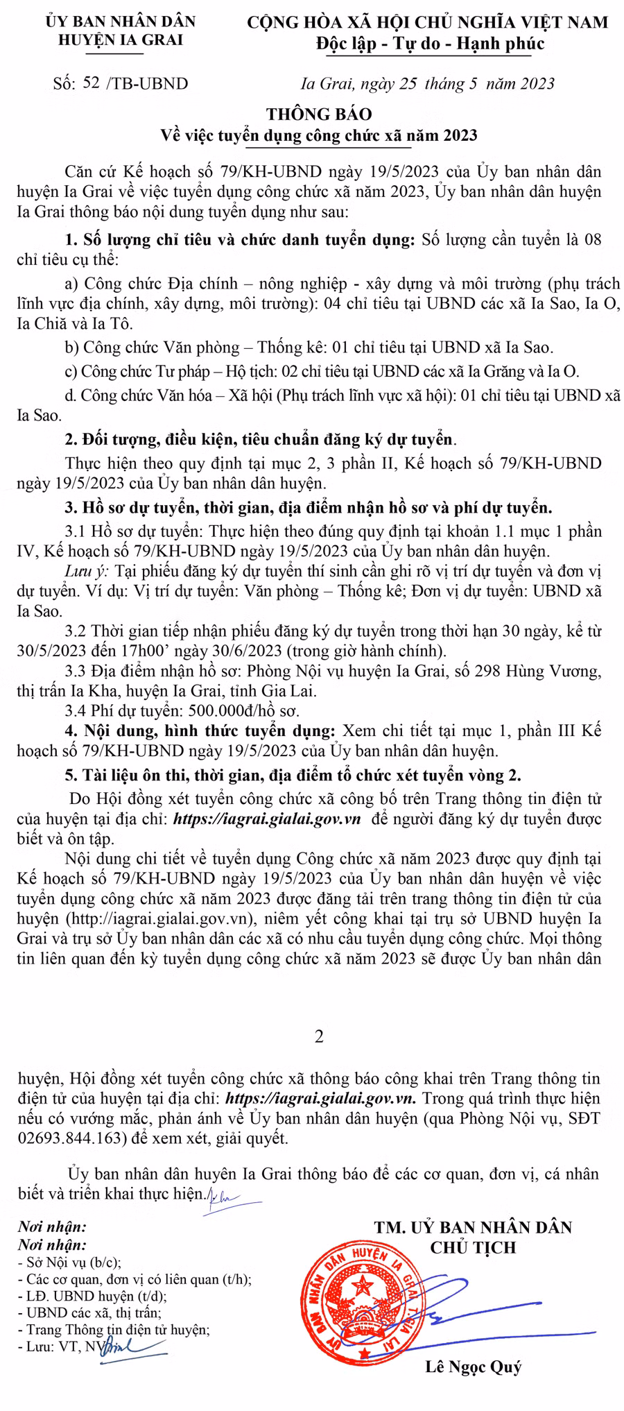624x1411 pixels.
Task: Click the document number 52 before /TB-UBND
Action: tap(90, 84)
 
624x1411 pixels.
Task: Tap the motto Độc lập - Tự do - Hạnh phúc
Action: tap(430, 44)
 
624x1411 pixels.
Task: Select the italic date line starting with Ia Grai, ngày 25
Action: tap(427, 84)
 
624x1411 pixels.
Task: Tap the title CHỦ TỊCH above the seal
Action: tap(474, 1248)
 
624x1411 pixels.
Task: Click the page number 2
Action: tap(319, 1036)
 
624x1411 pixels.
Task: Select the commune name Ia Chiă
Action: tap(41, 323)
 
